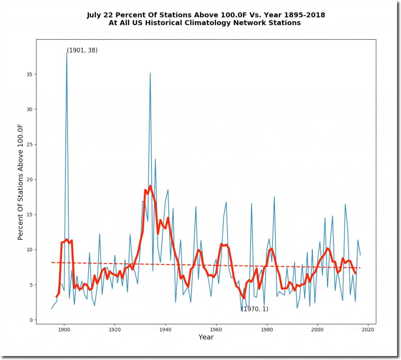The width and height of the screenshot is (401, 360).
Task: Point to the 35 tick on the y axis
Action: (x=29, y=74)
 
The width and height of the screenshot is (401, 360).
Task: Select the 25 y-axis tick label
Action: (x=29, y=145)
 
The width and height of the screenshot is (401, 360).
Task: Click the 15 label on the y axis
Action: (x=29, y=215)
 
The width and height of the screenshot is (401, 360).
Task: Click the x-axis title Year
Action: (x=206, y=337)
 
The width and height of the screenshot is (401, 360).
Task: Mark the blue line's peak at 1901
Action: (x=67, y=52)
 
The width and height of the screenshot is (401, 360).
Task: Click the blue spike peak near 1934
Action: (x=150, y=73)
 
